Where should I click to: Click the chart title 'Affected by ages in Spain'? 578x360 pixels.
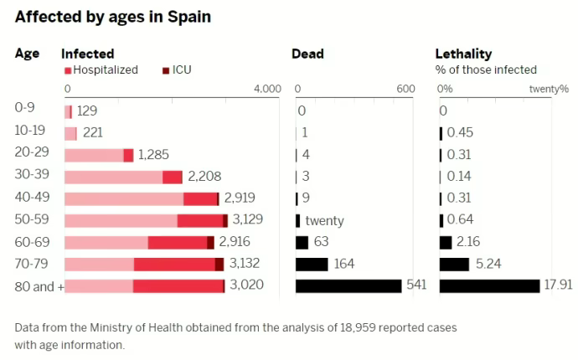[112, 17]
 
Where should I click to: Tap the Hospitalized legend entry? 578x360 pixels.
[101, 70]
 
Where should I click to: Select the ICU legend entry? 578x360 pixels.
[177, 70]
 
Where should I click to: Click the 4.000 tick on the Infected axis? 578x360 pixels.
[267, 90]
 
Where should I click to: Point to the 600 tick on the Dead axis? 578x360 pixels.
[405, 90]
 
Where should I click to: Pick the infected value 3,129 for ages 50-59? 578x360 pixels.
[248, 220]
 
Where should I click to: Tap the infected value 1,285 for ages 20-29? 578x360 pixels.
[154, 155]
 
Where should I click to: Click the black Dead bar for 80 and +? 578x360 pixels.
[348, 285]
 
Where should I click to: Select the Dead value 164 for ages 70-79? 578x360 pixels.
[344, 264]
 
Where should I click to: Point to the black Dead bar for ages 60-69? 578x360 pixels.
[302, 242]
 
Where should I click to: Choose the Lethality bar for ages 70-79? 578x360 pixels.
[454, 264]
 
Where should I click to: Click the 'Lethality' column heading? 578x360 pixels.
[463, 54]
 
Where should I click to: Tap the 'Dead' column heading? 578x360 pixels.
[307, 54]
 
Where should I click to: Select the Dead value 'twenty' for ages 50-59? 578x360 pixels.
[324, 220]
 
